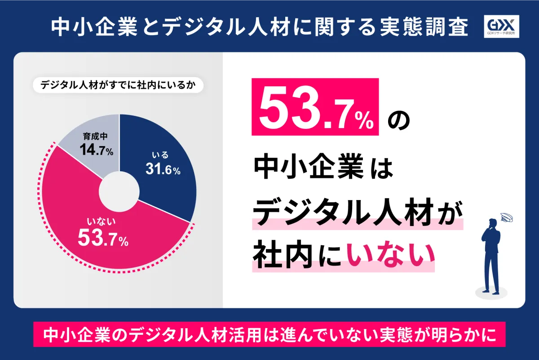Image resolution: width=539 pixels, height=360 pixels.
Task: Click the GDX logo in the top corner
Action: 503,27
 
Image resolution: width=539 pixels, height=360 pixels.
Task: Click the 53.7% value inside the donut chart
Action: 103,238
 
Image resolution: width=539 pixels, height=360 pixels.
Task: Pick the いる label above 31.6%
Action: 160,155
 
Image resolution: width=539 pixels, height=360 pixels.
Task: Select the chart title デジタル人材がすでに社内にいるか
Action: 118,85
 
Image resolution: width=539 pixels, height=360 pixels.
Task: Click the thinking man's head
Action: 493,223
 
